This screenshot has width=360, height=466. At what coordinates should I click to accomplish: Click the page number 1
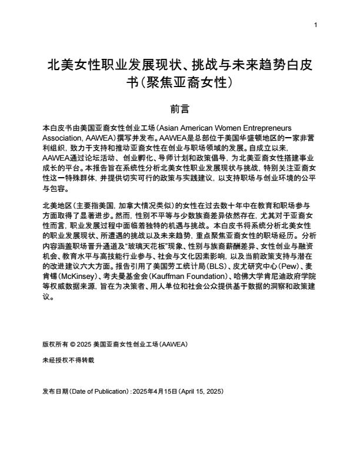click(x=316, y=24)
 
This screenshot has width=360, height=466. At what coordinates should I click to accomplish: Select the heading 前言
click(x=179, y=109)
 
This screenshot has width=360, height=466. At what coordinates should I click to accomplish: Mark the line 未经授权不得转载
click(x=68, y=359)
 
